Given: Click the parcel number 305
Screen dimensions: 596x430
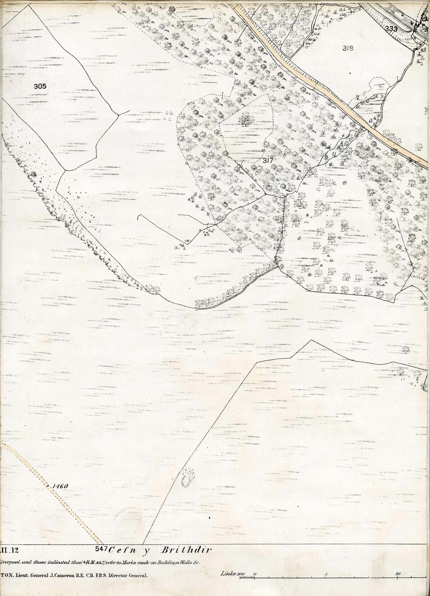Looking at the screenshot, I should (40, 86).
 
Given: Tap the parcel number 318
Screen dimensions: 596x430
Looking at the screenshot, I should (348, 48).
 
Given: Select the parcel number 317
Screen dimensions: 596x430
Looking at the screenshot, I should (268, 161).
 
